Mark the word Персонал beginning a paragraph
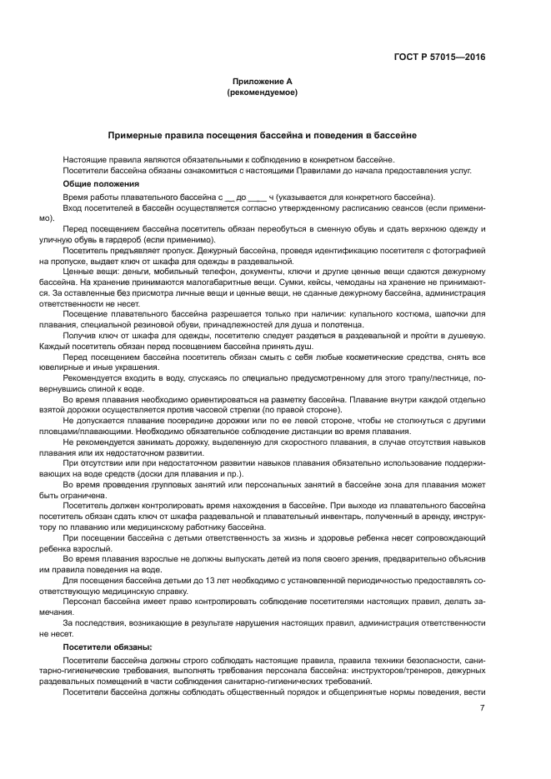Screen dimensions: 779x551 tap(83, 602)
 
